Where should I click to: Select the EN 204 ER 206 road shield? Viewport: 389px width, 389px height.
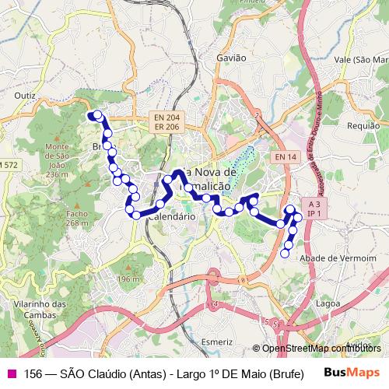(x=166, y=121)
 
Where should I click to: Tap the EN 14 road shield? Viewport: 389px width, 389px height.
(x=286, y=157)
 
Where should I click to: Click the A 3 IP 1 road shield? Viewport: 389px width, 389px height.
(x=315, y=207)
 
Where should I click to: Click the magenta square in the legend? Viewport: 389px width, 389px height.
(x=10, y=372)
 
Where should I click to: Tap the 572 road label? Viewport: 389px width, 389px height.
(x=9, y=165)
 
